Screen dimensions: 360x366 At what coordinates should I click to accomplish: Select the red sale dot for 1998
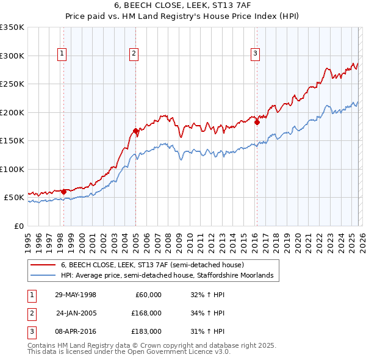point(63,192)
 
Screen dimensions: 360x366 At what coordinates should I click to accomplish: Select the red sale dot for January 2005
point(135,131)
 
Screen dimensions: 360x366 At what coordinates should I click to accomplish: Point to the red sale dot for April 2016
point(257,122)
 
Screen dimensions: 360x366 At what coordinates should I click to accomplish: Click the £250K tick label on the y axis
point(12,84)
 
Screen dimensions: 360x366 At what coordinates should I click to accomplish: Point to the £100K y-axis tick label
point(12,169)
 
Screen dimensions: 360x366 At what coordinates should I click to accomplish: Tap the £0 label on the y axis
point(18,226)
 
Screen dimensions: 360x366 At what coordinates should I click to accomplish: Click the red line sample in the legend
point(43,265)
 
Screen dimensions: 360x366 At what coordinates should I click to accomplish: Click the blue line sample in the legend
point(43,276)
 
